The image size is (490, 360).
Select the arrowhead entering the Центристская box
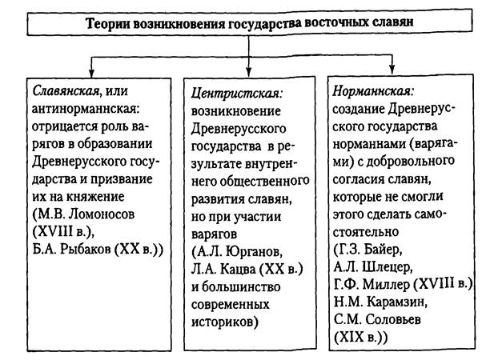[249, 70]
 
